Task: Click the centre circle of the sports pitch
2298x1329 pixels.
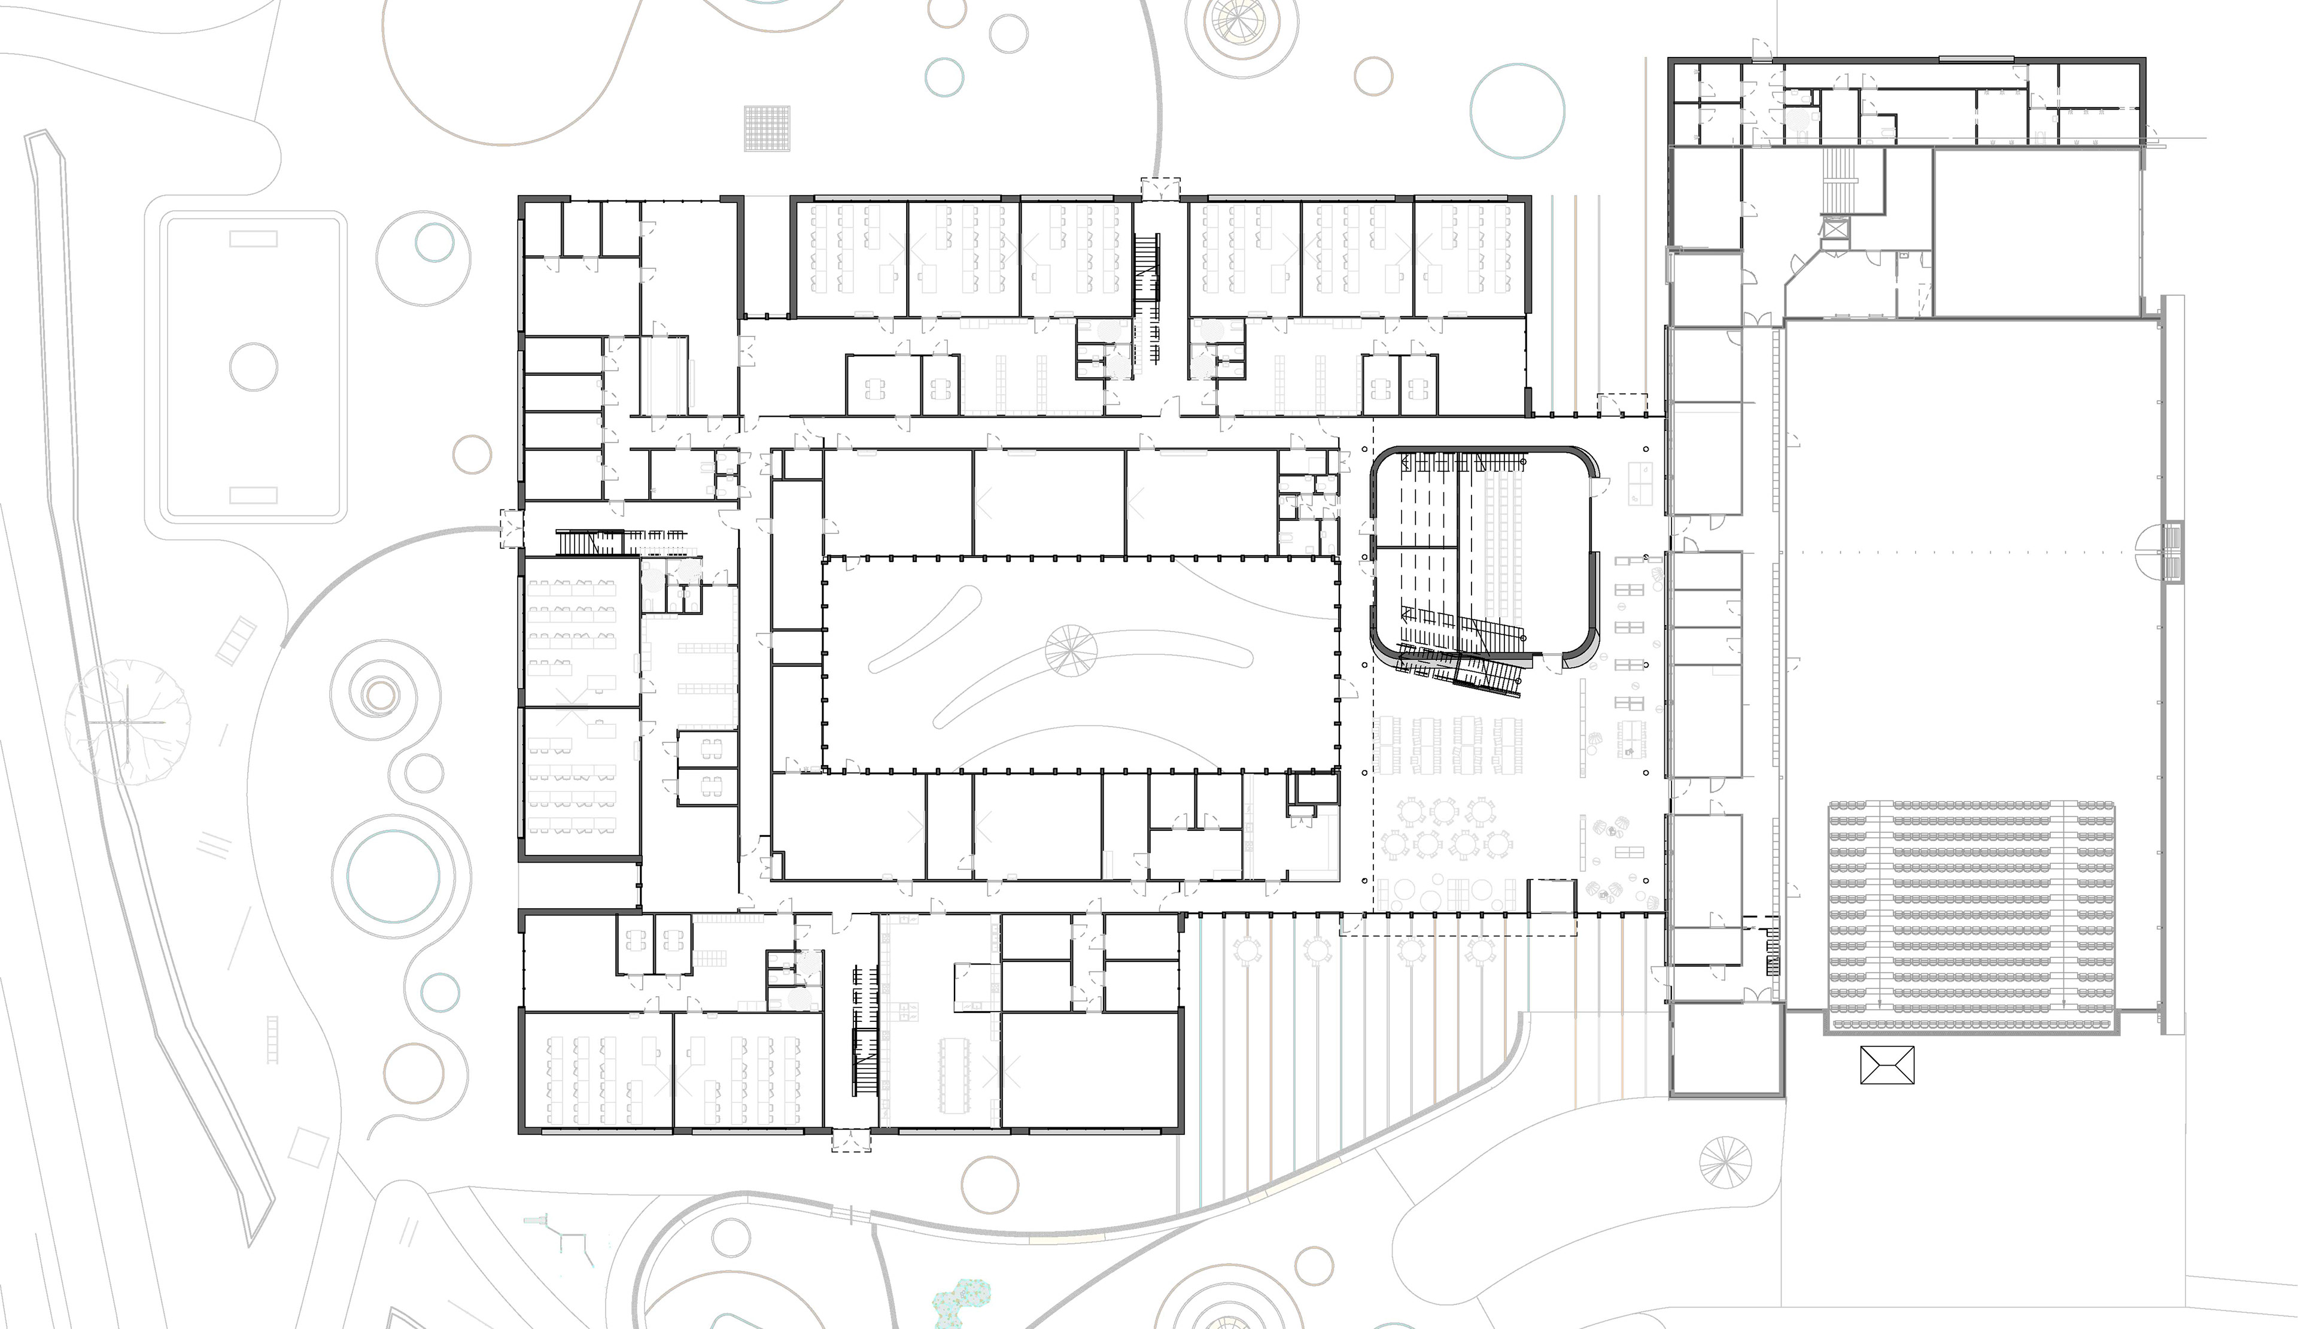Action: pyautogui.click(x=254, y=367)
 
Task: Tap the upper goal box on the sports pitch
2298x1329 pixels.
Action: pyautogui.click(x=254, y=239)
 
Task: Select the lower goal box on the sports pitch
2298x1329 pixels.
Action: pyautogui.click(x=254, y=494)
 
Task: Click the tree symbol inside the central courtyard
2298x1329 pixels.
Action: pyautogui.click(x=1071, y=650)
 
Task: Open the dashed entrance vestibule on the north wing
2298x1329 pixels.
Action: pyautogui.click(x=1160, y=189)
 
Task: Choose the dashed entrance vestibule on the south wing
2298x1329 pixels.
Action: pyautogui.click(x=851, y=1141)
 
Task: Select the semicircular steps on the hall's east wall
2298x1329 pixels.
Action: pyautogui.click(x=2161, y=552)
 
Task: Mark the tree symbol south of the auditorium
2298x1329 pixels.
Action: pyautogui.click(x=1725, y=1163)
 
